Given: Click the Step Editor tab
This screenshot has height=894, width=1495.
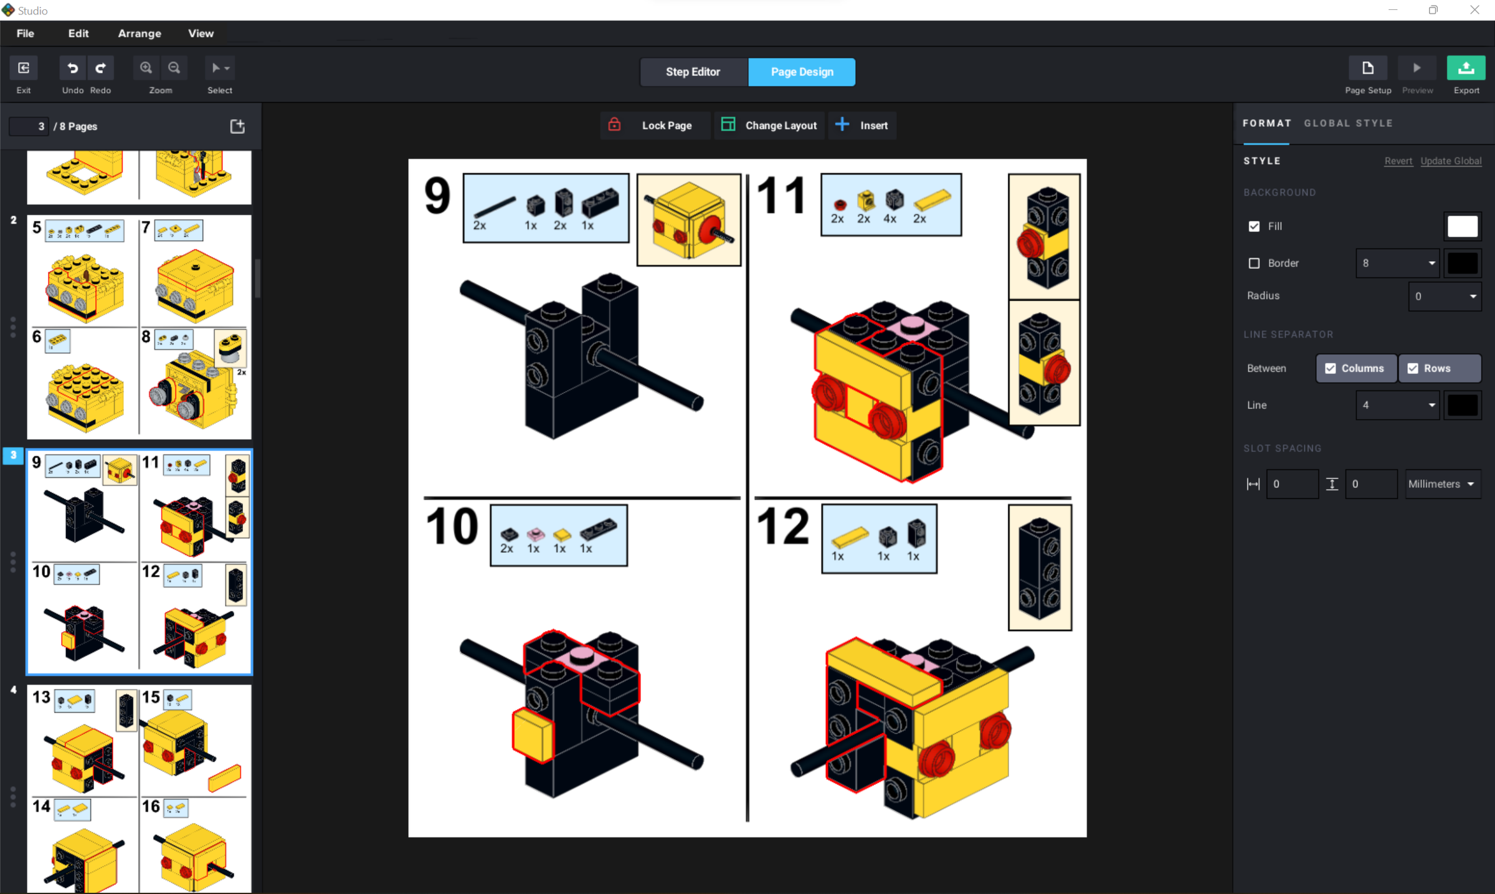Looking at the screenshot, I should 693,72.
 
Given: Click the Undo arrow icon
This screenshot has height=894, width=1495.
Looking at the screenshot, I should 72,68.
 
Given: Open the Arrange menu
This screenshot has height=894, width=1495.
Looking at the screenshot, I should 140,34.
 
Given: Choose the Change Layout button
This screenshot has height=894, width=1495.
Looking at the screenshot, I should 769,125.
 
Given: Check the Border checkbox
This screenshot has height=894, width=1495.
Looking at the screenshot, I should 1254,263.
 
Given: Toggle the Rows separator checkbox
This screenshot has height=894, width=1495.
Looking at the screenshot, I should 1413,368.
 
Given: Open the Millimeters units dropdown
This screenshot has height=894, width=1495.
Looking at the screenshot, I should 1442,484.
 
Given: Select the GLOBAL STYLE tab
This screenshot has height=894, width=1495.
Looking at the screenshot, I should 1348,123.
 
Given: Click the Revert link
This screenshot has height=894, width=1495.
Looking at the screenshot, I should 1398,161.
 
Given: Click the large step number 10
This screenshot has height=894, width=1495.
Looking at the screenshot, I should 452,527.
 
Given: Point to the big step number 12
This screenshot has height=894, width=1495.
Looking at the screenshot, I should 782,527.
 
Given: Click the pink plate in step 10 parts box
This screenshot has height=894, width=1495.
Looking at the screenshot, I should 535,534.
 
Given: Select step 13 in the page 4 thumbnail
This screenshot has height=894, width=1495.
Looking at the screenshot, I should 41,697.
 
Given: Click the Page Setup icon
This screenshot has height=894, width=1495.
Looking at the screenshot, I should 1367,69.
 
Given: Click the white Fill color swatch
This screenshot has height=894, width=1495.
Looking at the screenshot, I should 1462,226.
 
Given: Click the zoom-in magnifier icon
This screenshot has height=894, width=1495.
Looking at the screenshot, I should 146,68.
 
